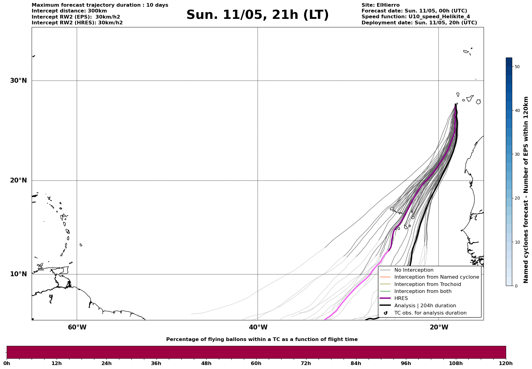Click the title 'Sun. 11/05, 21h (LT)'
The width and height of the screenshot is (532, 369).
click(x=257, y=15)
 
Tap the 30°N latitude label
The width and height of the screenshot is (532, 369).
click(x=19, y=81)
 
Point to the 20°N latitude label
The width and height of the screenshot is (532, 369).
click(x=19, y=180)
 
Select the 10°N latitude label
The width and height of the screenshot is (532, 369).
click(x=19, y=274)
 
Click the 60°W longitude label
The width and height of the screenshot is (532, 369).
click(x=77, y=327)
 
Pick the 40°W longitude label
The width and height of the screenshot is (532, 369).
click(x=258, y=327)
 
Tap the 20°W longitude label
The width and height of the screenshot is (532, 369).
click(x=439, y=327)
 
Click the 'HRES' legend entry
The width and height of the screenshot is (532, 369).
click(x=401, y=298)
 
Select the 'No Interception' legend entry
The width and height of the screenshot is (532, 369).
click(x=414, y=270)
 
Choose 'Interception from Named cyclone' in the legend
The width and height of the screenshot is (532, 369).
click(x=436, y=277)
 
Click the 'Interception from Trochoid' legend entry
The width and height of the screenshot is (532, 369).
click(x=427, y=284)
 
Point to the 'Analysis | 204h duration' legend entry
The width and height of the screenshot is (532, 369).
click(x=425, y=306)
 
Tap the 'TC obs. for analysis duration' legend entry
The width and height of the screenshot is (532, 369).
click(x=430, y=313)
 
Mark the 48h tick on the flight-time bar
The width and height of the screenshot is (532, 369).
click(x=206, y=364)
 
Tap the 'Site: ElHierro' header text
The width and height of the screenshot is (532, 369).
click(x=380, y=5)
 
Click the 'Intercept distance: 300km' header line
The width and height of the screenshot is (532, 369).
click(x=69, y=11)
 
